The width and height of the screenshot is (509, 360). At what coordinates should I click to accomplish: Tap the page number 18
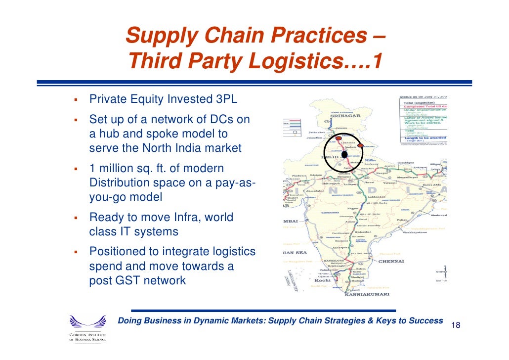(456, 325)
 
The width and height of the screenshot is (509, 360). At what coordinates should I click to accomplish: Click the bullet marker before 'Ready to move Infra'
(76, 218)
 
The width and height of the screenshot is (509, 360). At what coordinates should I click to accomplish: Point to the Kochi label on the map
(322, 280)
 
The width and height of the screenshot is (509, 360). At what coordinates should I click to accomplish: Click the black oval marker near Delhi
(344, 154)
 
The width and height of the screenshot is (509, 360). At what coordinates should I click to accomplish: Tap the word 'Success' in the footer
(426, 321)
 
